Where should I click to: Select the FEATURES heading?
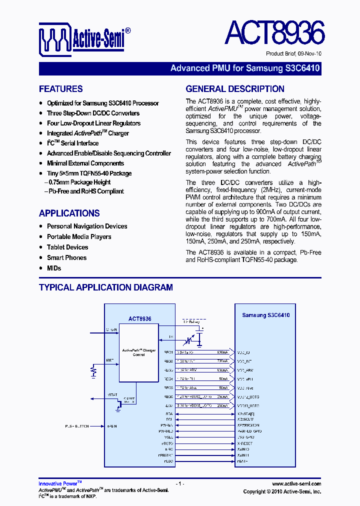[x=61, y=89]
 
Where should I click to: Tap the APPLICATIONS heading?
[x=69, y=213]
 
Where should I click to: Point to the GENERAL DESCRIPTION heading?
[x=235, y=89]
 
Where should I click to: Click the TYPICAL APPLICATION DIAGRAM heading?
[x=106, y=287]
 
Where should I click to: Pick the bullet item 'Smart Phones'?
[x=66, y=258]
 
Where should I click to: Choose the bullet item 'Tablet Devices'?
[x=67, y=247]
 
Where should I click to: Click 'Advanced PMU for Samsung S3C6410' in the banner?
[x=245, y=68]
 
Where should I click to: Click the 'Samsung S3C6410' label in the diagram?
[x=265, y=315]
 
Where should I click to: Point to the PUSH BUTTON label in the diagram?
[x=76, y=426]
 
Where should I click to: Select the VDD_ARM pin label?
[x=245, y=370]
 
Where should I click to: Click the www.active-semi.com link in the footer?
[x=296, y=484]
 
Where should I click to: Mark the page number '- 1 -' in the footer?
[x=180, y=484]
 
